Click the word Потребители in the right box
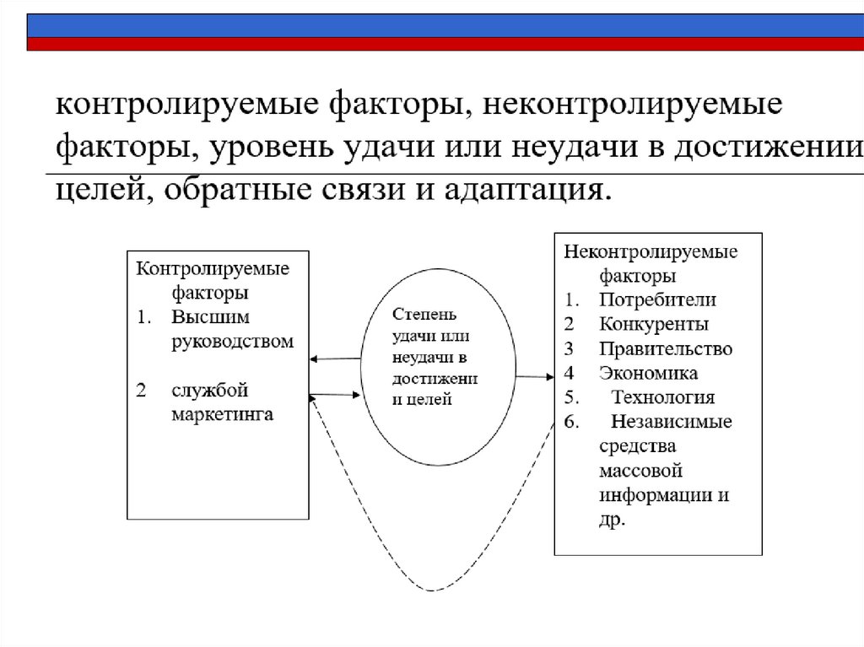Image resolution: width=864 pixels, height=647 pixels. click(x=657, y=299)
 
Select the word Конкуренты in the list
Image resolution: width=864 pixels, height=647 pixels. click(x=654, y=324)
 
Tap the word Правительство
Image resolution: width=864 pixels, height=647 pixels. click(x=666, y=348)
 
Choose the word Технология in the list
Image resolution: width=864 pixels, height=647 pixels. click(x=663, y=397)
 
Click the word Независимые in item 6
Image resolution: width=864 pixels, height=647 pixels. click(x=672, y=422)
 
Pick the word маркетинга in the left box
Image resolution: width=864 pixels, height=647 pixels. click(x=223, y=415)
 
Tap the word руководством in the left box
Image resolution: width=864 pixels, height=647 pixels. click(x=233, y=342)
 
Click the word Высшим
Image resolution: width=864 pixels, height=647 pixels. click(x=212, y=317)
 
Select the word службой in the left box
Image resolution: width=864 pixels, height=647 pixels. click(x=210, y=391)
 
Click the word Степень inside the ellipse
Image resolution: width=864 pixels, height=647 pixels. click(x=424, y=315)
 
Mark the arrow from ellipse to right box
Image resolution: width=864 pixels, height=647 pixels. click(x=533, y=376)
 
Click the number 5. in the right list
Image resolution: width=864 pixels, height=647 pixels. click(x=570, y=397)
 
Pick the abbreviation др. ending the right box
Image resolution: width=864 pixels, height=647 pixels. click(x=613, y=520)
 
